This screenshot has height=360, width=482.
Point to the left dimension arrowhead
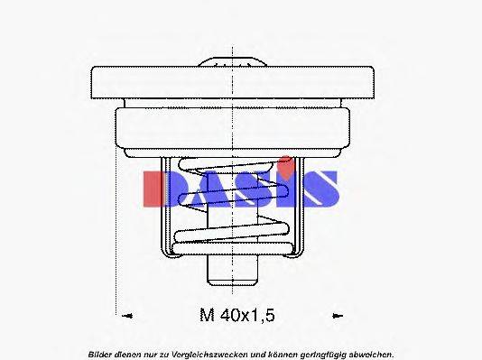coord(126,316)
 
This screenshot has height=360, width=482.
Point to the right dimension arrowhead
coord(338,316)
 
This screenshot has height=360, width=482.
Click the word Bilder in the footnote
coord(102,352)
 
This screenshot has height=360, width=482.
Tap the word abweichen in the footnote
coord(374,352)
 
